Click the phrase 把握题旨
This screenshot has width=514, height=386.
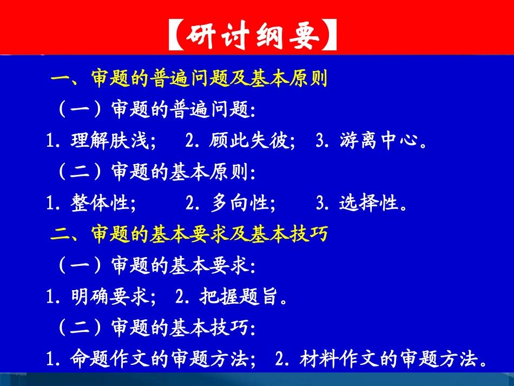(241, 297)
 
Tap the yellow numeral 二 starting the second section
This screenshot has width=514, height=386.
(59, 235)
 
